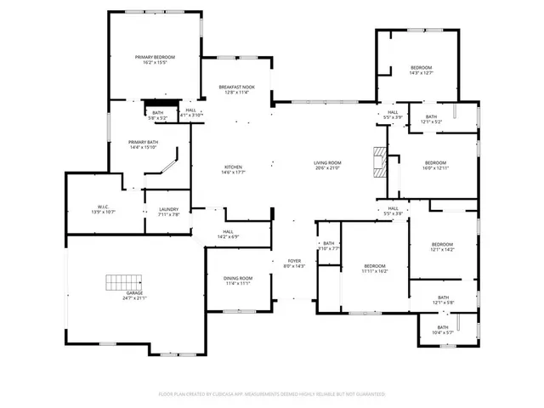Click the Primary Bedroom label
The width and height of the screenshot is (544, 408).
155,57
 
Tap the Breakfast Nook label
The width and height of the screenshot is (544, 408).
236,87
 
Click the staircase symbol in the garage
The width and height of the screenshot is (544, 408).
122,283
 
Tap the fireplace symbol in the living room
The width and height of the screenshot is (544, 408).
380,160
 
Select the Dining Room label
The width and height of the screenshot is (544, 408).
238,279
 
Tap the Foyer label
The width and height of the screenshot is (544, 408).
294,261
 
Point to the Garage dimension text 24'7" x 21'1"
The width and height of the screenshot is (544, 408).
134,298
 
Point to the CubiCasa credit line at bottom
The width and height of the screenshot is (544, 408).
272,394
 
